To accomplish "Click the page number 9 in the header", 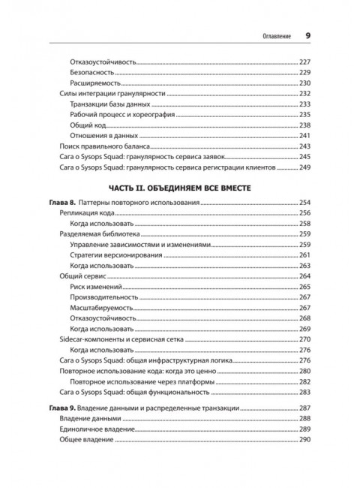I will (x=308, y=35).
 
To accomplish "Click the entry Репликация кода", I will (x=83, y=214).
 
